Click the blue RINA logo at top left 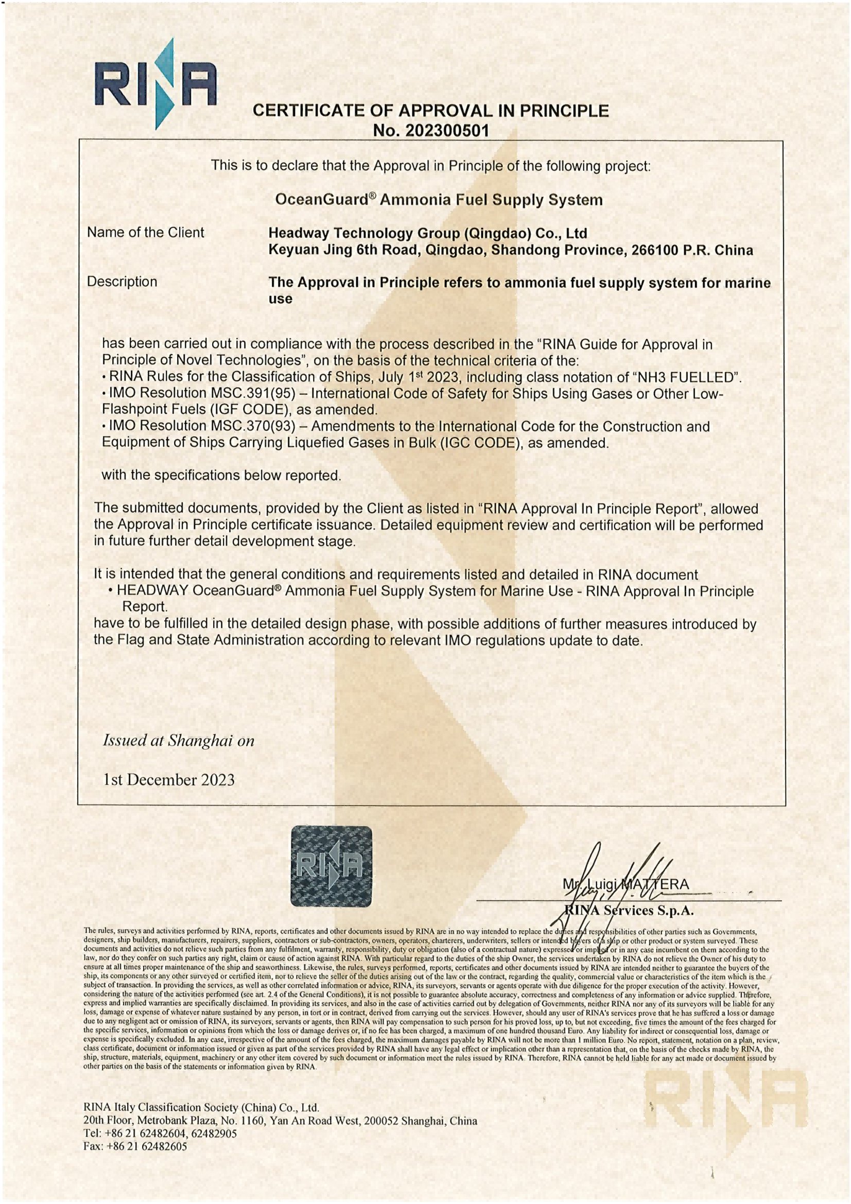click(x=155, y=84)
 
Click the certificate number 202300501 click(x=447, y=131)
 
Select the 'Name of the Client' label click(x=145, y=232)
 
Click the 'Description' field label click(x=121, y=282)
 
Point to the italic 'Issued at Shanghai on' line click(x=178, y=740)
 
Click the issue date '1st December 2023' click(x=169, y=780)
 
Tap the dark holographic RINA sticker click(x=331, y=867)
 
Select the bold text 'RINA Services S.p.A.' click(x=629, y=911)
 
